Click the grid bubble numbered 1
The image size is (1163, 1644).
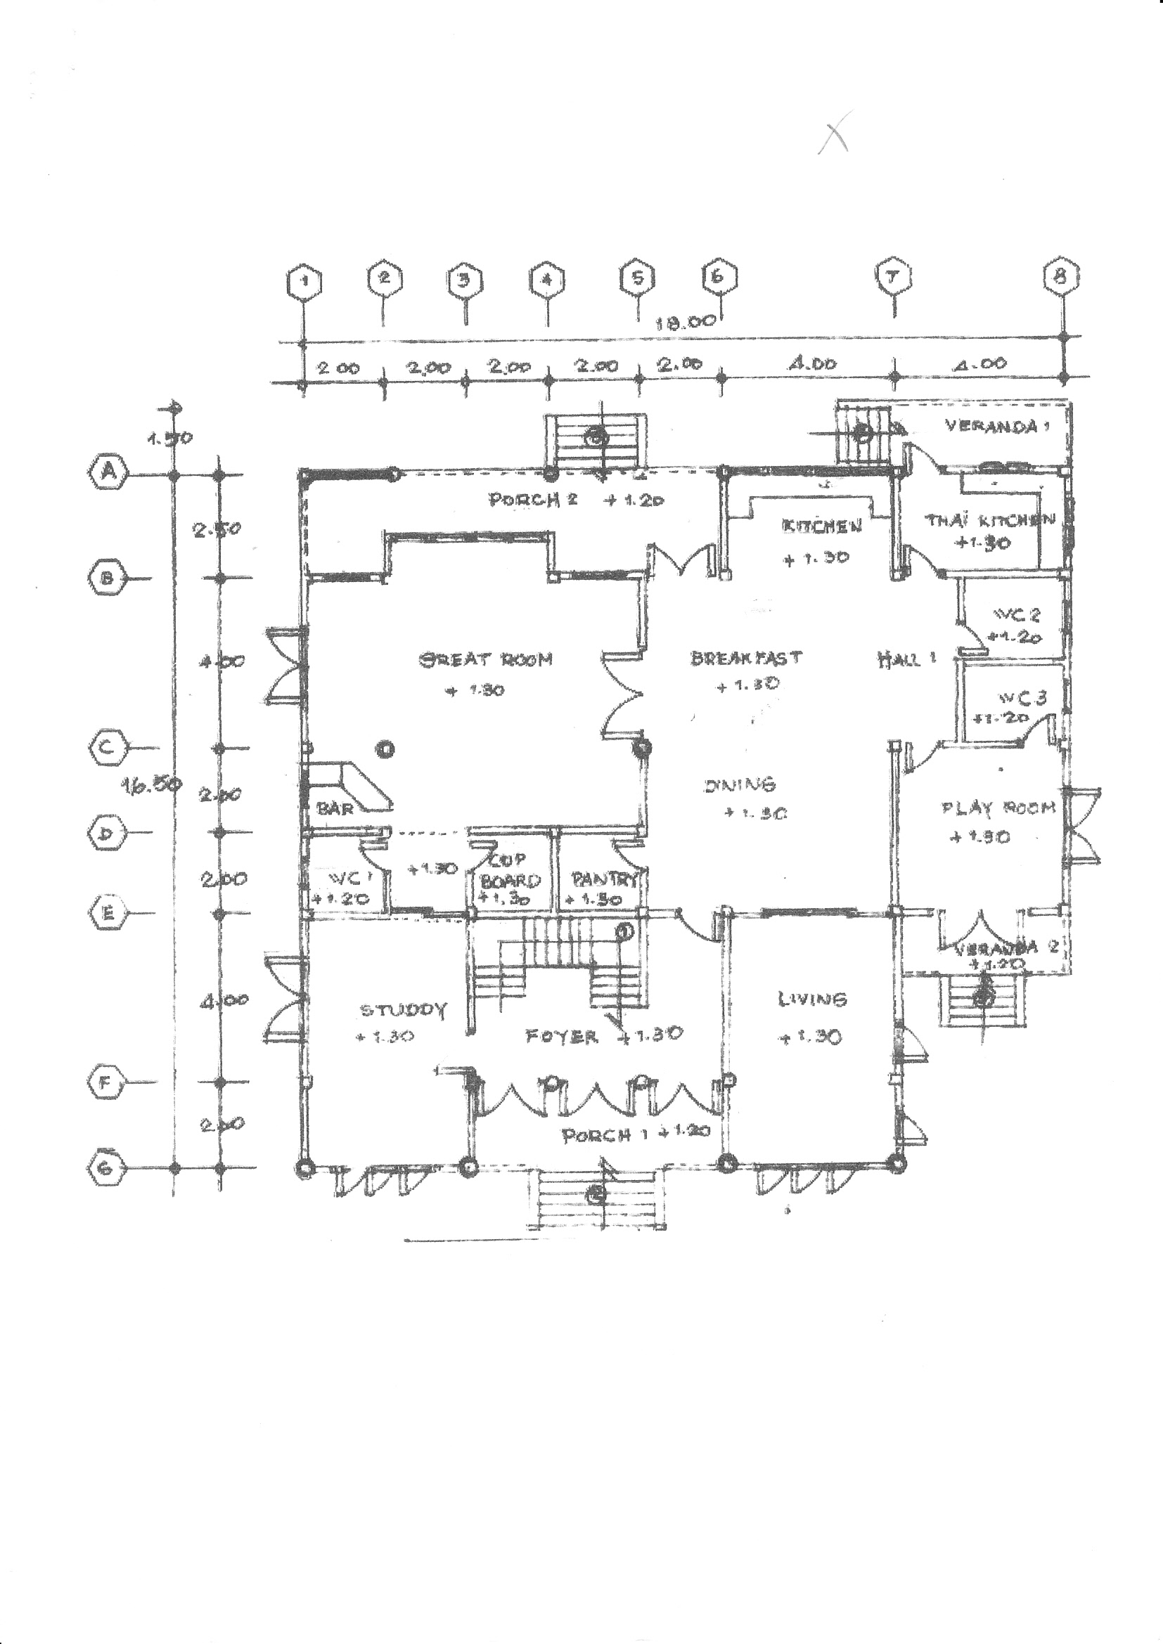point(304,280)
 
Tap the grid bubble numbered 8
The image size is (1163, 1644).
point(1061,276)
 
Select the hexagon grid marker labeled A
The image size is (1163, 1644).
point(109,472)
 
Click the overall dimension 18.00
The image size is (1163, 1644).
point(686,321)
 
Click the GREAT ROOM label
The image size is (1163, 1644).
point(486,659)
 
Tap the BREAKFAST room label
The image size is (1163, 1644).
point(746,657)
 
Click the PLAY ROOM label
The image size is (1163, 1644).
point(998,808)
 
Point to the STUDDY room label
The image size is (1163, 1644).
point(403,1009)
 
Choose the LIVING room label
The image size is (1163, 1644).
point(812,999)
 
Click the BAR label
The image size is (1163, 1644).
point(335,808)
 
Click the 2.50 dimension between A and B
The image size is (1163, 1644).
point(217,529)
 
